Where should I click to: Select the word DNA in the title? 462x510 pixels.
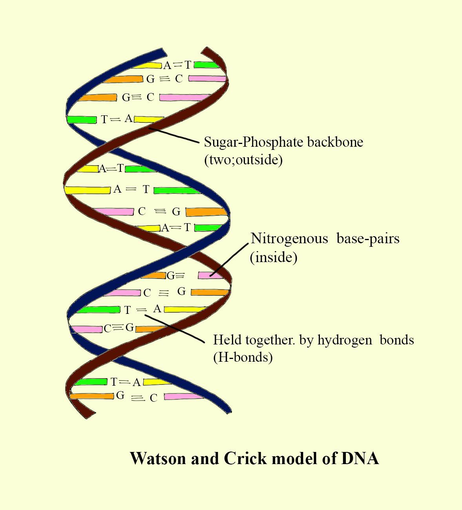tap(360, 458)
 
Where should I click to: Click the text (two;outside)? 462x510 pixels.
tap(243, 160)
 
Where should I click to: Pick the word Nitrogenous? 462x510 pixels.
tap(289, 239)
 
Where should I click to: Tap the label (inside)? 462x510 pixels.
tap(274, 257)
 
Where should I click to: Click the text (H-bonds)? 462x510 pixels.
tap(243, 357)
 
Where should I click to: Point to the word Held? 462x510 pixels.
tap(227, 339)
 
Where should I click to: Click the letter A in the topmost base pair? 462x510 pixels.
tap(167, 66)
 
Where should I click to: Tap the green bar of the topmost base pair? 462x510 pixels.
tap(205, 65)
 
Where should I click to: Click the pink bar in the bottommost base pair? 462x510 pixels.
tap(183, 397)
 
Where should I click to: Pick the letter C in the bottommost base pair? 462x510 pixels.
tap(153, 398)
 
